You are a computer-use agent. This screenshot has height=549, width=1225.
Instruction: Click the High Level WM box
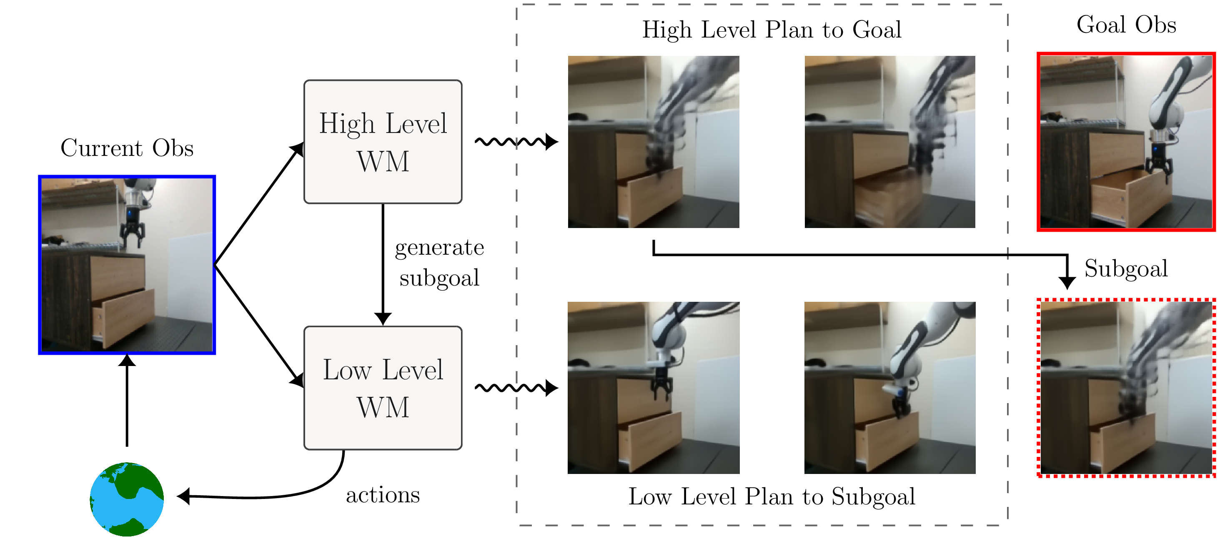[x=383, y=142]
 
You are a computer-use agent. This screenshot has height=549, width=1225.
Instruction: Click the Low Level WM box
[x=383, y=388]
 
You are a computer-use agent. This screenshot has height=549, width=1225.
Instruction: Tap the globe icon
[x=127, y=499]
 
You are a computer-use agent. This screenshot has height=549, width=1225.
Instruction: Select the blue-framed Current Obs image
[x=127, y=265]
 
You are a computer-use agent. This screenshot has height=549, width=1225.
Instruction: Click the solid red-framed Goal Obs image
[x=1126, y=142]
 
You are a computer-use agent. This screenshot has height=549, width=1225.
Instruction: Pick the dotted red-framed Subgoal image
[x=1126, y=388]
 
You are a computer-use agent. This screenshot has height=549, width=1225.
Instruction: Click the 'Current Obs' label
[x=127, y=148]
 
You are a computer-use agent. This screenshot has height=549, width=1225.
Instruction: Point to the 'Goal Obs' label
[x=1126, y=25]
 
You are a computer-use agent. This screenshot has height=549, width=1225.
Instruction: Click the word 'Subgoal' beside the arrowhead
[x=1126, y=269]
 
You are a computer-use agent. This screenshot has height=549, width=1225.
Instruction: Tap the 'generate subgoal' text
[x=439, y=263]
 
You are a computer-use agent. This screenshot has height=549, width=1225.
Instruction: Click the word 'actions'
[x=383, y=495]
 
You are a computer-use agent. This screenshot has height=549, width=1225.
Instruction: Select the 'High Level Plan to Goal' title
[x=772, y=30]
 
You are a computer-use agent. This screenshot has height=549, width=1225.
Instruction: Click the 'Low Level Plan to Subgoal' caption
[x=772, y=496]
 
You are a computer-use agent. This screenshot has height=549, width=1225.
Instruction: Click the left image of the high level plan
[x=654, y=142]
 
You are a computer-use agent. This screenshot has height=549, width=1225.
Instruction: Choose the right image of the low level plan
[x=889, y=388]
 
